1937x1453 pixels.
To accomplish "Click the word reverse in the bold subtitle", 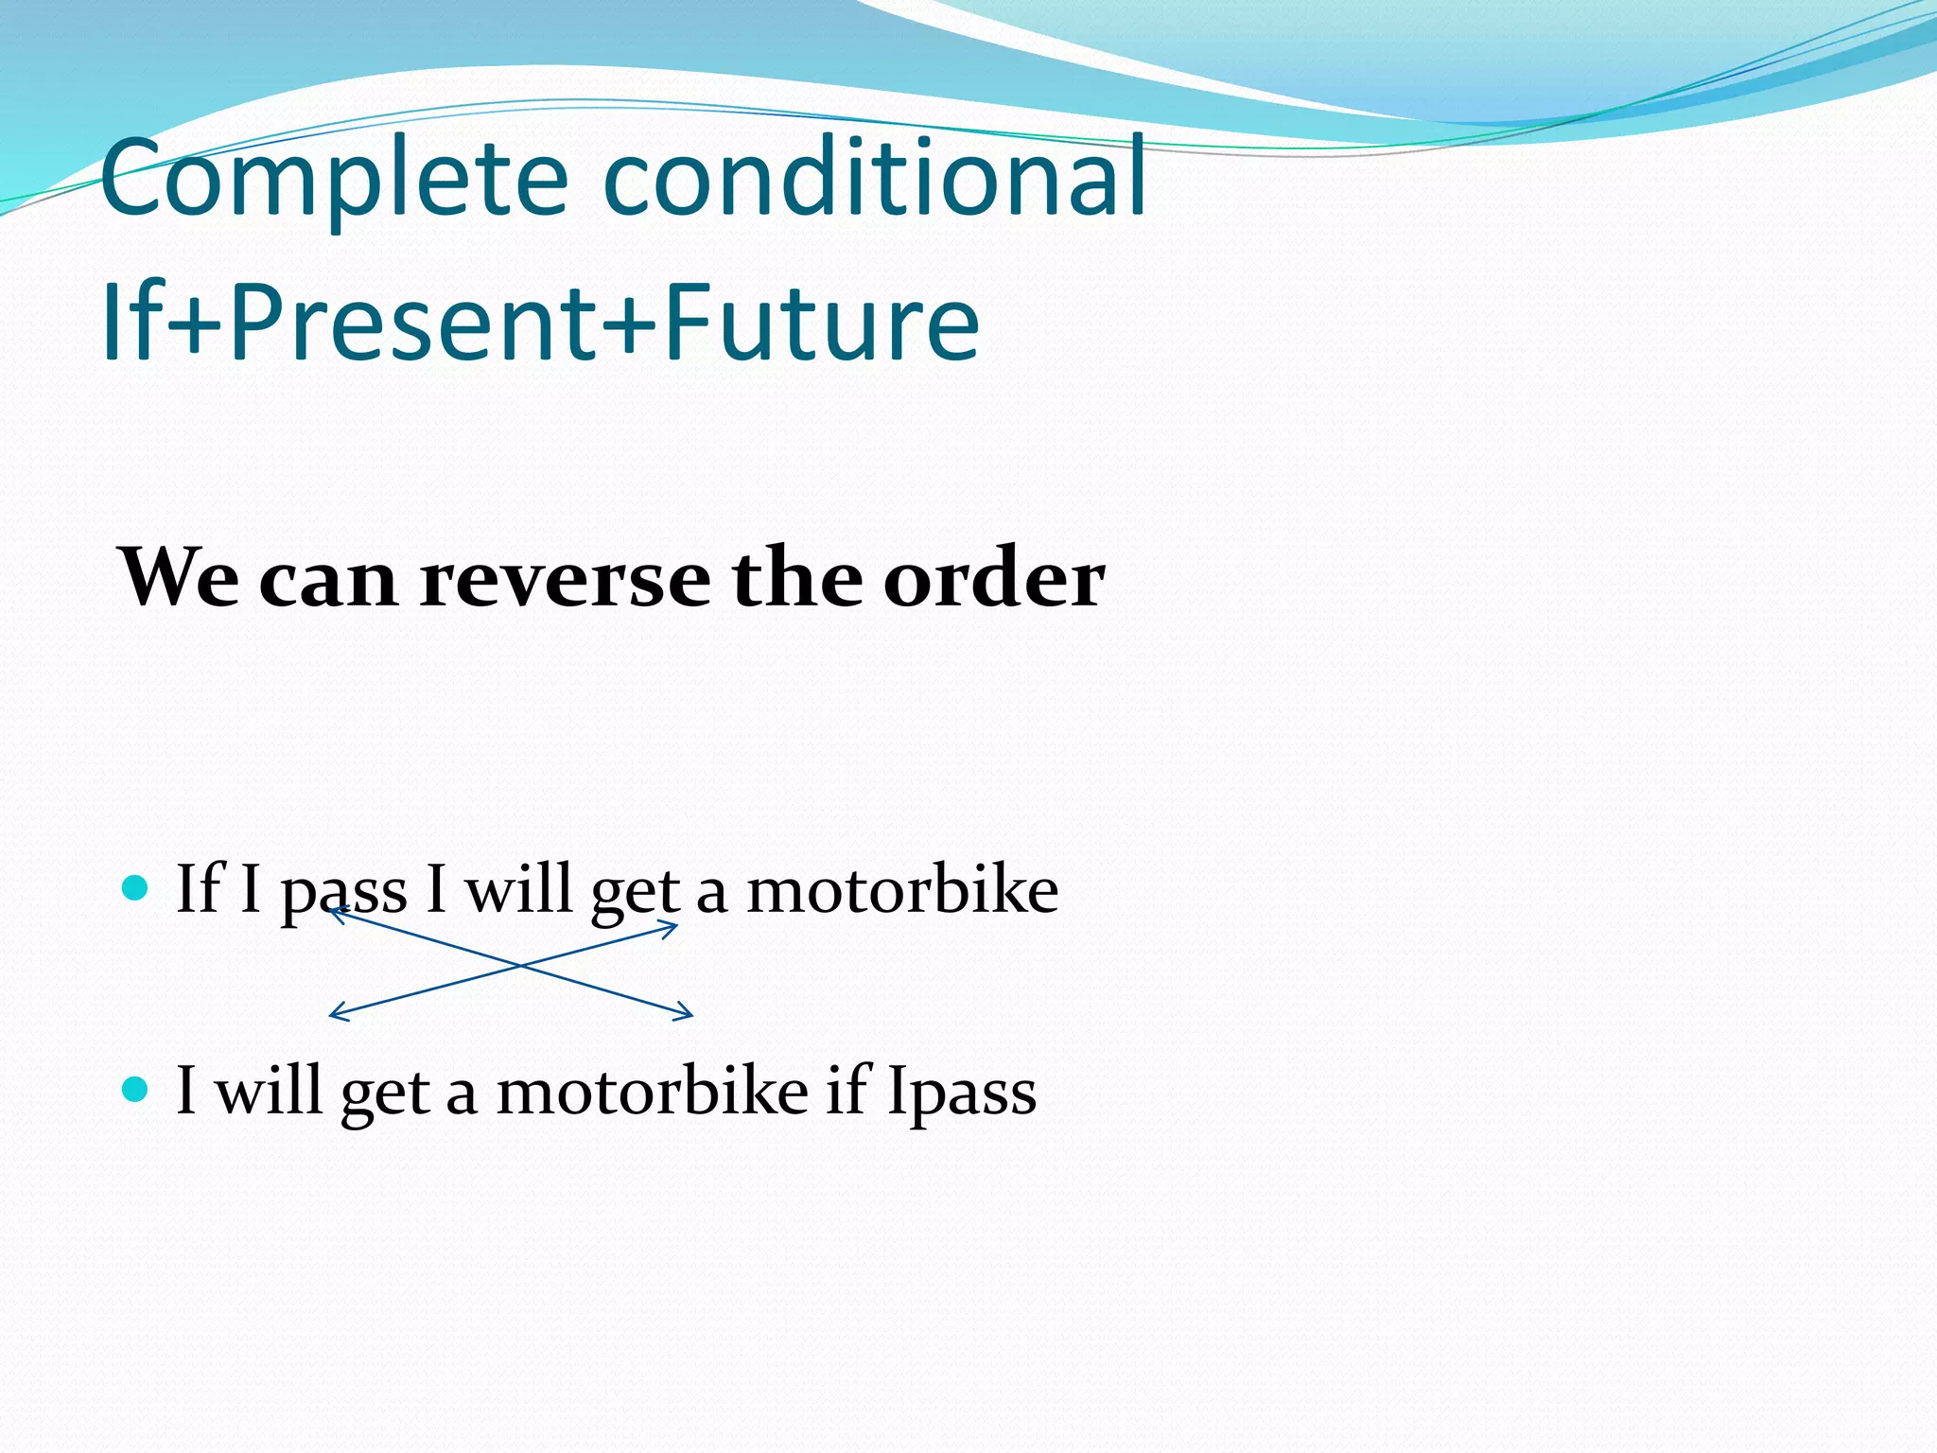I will click(x=565, y=578).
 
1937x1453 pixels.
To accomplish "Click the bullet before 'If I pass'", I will click(x=136, y=888).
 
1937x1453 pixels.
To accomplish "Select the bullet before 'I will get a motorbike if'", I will click(x=136, y=1090).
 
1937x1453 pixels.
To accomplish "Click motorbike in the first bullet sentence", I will click(x=902, y=890).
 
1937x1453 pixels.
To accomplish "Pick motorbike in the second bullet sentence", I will click(x=652, y=1092).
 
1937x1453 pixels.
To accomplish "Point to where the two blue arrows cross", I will click(x=519, y=966).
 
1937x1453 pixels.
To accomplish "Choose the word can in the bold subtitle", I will click(x=327, y=580).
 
